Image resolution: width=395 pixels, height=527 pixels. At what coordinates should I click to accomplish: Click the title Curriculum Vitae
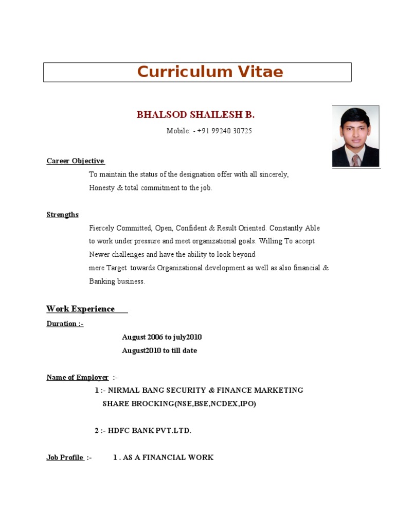pyautogui.click(x=210, y=72)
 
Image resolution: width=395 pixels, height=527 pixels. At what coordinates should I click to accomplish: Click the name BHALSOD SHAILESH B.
pyautogui.click(x=195, y=115)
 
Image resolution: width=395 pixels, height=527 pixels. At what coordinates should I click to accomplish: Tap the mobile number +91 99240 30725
pyautogui.click(x=224, y=131)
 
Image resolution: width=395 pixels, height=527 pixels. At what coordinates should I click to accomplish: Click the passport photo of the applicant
pyautogui.click(x=355, y=136)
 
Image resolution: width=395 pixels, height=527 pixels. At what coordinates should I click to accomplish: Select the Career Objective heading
pyautogui.click(x=76, y=161)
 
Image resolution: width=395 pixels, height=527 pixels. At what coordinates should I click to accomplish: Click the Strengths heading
pyautogui.click(x=63, y=215)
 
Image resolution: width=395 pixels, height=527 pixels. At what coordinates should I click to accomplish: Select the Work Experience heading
pyautogui.click(x=81, y=309)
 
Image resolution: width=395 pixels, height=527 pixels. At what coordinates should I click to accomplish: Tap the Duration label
pyautogui.click(x=65, y=324)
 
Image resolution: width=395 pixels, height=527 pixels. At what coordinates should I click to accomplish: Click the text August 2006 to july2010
pyautogui.click(x=161, y=337)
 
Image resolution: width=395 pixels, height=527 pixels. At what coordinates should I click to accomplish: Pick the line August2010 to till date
pyautogui.click(x=159, y=350)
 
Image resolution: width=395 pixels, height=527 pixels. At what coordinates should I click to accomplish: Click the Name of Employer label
pyautogui.click(x=78, y=377)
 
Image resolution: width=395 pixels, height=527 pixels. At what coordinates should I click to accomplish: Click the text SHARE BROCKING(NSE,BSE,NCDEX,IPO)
pyautogui.click(x=179, y=403)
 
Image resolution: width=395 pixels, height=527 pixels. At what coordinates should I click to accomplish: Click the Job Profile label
pyautogui.click(x=65, y=458)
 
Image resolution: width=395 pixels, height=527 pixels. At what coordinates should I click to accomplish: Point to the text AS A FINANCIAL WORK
pyautogui.click(x=168, y=458)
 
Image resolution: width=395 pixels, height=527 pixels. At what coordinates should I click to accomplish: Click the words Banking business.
pyautogui.click(x=117, y=282)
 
